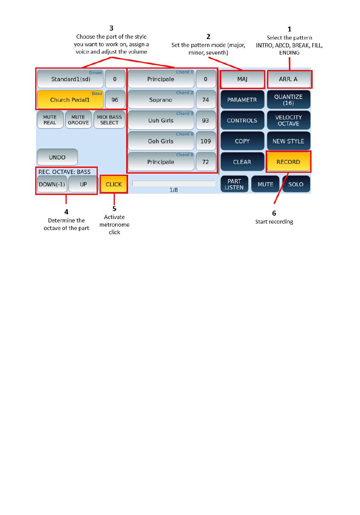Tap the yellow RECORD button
288,162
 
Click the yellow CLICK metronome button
114,184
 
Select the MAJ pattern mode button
242,79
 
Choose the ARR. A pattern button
288,79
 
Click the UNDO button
57,157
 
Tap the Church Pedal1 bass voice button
70,100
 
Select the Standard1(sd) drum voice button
70,79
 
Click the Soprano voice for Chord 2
161,100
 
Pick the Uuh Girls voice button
161,120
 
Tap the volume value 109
206,141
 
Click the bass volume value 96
115,100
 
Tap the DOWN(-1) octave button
52,184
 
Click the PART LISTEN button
234,184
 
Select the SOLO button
296,184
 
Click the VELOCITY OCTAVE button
288,120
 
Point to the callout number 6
274,213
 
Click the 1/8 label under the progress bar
174,190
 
